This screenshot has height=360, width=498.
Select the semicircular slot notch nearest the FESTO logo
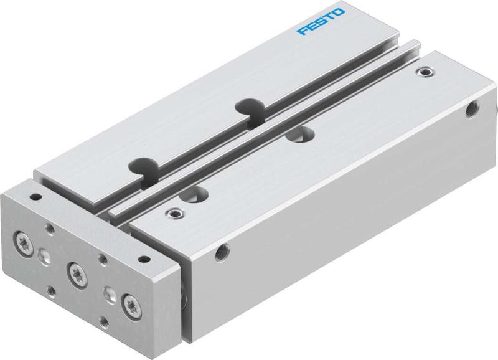pos(248,107)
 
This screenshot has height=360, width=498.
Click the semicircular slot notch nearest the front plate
pos(140,167)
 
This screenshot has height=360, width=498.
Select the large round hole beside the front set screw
pos(200,193)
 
